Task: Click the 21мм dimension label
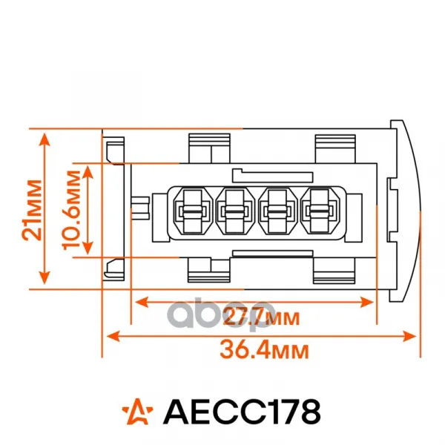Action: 33,210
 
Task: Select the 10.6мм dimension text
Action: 72,210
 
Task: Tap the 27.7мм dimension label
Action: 261,317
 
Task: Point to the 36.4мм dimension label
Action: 264,350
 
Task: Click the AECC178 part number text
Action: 242,412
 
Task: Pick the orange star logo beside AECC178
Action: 137,412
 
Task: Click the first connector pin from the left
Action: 193,211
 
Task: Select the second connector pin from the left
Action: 235,211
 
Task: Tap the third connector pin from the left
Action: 278,211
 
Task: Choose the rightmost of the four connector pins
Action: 320,211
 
